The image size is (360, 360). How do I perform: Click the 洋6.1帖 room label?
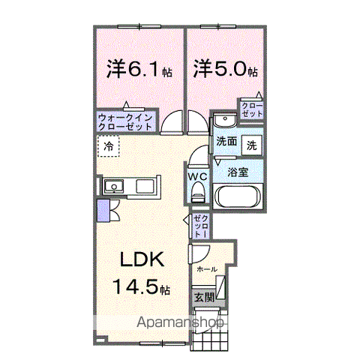coord(139,68)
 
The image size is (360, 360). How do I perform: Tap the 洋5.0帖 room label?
coord(225,68)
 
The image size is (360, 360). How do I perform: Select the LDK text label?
coord(142,259)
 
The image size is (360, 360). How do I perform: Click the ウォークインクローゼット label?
coord(125,122)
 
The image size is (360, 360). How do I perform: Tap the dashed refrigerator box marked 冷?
coord(108,146)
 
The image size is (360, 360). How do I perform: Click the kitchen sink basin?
coord(114,187)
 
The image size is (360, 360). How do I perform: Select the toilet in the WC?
coord(199,192)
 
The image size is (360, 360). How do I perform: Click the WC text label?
coord(197,177)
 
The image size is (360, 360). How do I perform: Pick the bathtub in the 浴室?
coord(238,196)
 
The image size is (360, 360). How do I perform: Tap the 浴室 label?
coord(238,172)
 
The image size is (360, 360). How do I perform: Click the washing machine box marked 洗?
coord(252,145)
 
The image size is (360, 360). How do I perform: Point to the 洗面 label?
coord(226,142)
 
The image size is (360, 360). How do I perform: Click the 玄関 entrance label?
coord(205,298)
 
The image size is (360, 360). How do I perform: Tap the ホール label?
coord(207,269)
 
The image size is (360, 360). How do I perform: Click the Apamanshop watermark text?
coord(180,322)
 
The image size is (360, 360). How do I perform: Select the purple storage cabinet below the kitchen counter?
coord(103,211)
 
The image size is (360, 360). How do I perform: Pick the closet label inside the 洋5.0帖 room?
coord(252,110)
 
